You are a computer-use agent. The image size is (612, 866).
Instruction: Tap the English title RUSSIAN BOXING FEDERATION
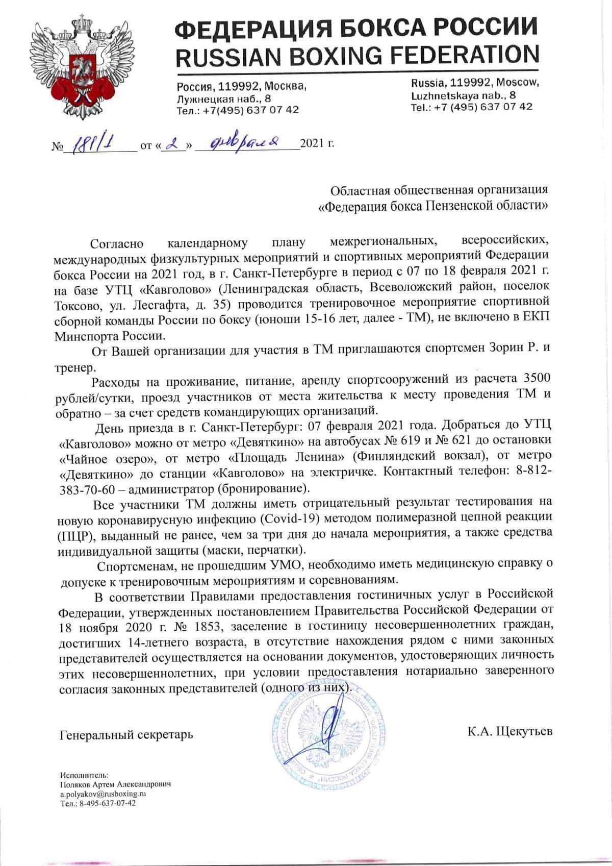pyautogui.click(x=356, y=55)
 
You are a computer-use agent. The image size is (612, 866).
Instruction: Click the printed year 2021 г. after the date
pyautogui.click(x=317, y=144)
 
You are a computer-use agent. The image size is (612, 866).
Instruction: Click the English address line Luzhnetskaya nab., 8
pyautogui.click(x=463, y=95)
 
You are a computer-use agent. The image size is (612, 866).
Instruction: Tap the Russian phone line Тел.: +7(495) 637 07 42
pyautogui.click(x=238, y=110)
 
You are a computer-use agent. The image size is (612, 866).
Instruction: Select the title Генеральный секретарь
pyautogui.click(x=126, y=734)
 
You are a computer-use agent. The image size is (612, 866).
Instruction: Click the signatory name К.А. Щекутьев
pyautogui.click(x=509, y=731)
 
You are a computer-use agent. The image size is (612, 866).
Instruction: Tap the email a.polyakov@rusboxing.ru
pyautogui.click(x=104, y=794)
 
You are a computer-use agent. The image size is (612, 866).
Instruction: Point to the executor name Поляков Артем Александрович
pyautogui.click(x=115, y=784)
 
